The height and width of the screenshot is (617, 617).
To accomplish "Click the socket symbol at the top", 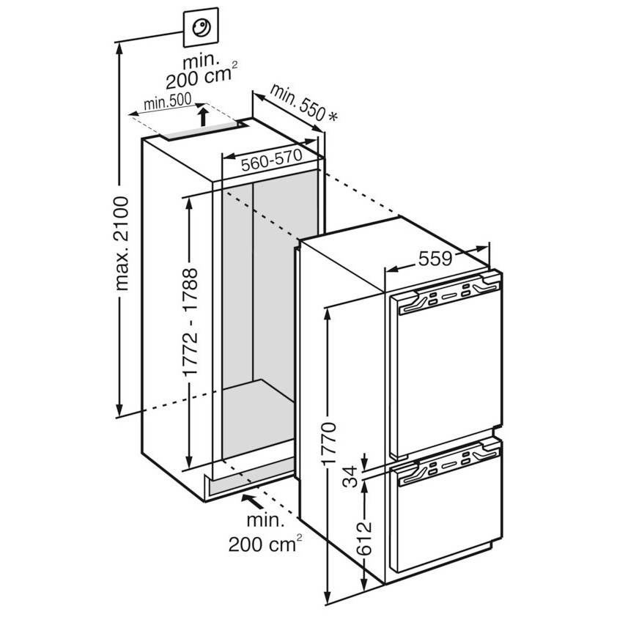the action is [201, 27].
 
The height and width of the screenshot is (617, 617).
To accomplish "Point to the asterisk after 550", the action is [333, 117].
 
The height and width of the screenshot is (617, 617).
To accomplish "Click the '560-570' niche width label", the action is [272, 160].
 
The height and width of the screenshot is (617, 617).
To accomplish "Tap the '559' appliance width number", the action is [435, 259].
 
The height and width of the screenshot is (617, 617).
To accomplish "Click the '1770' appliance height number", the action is [328, 443].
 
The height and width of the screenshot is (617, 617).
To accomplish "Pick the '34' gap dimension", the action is [350, 477].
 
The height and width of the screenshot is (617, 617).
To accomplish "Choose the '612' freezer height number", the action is [364, 538].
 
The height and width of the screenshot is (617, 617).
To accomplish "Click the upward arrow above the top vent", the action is [203, 115].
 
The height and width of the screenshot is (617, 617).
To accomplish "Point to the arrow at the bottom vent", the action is [253, 501].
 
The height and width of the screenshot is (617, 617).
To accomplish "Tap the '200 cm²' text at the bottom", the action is [265, 544].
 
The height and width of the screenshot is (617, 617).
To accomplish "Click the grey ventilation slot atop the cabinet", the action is [201, 130].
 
